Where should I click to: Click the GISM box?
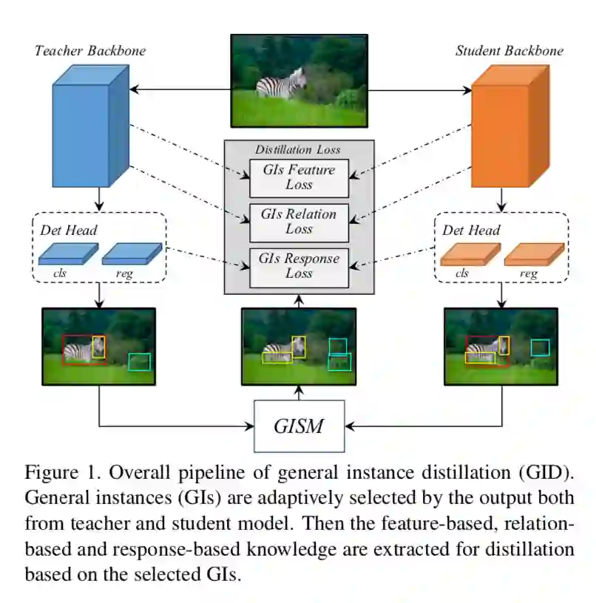coord(299,426)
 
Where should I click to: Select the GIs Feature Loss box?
coord(299,177)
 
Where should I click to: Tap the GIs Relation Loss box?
coord(299,222)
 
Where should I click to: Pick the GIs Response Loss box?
coord(299,266)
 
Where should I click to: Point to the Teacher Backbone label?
coord(89,51)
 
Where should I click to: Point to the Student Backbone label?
coord(509,51)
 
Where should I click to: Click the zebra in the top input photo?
coord(281,83)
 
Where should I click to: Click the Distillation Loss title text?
coord(298,149)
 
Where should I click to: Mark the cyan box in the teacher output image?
coord(139,361)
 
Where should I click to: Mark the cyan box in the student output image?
coord(541,347)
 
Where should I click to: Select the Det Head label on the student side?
coord(471,231)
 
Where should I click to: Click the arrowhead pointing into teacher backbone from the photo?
coord(133,89)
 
